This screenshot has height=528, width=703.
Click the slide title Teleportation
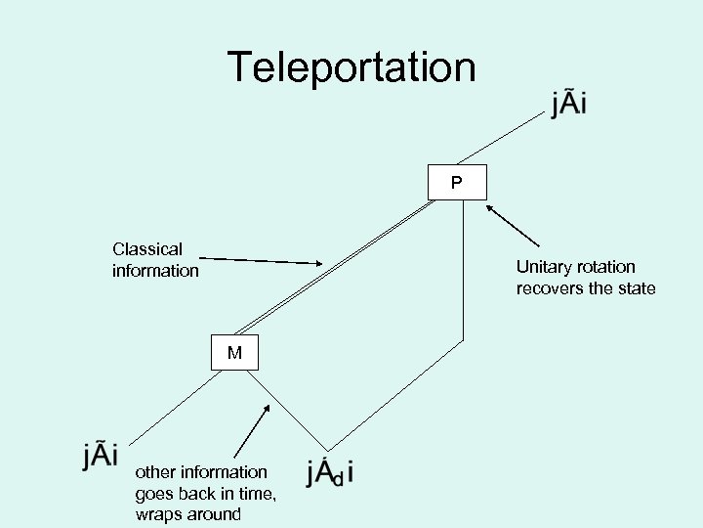click(x=351, y=67)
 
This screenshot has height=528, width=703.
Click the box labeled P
click(x=457, y=183)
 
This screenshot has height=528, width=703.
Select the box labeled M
click(x=235, y=353)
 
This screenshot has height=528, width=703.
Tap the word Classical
click(x=147, y=249)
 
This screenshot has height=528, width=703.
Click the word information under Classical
click(x=155, y=270)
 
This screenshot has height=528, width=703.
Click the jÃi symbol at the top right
click(x=568, y=104)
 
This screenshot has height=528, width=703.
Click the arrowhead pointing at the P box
click(x=491, y=207)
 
